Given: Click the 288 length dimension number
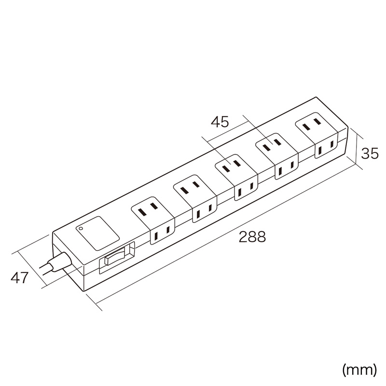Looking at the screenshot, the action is (252, 237).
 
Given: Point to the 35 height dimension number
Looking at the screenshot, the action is (370, 153).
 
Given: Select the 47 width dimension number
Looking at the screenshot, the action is (19, 278).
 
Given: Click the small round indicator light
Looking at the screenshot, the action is (80, 228).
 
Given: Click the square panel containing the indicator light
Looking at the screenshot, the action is (97, 234).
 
